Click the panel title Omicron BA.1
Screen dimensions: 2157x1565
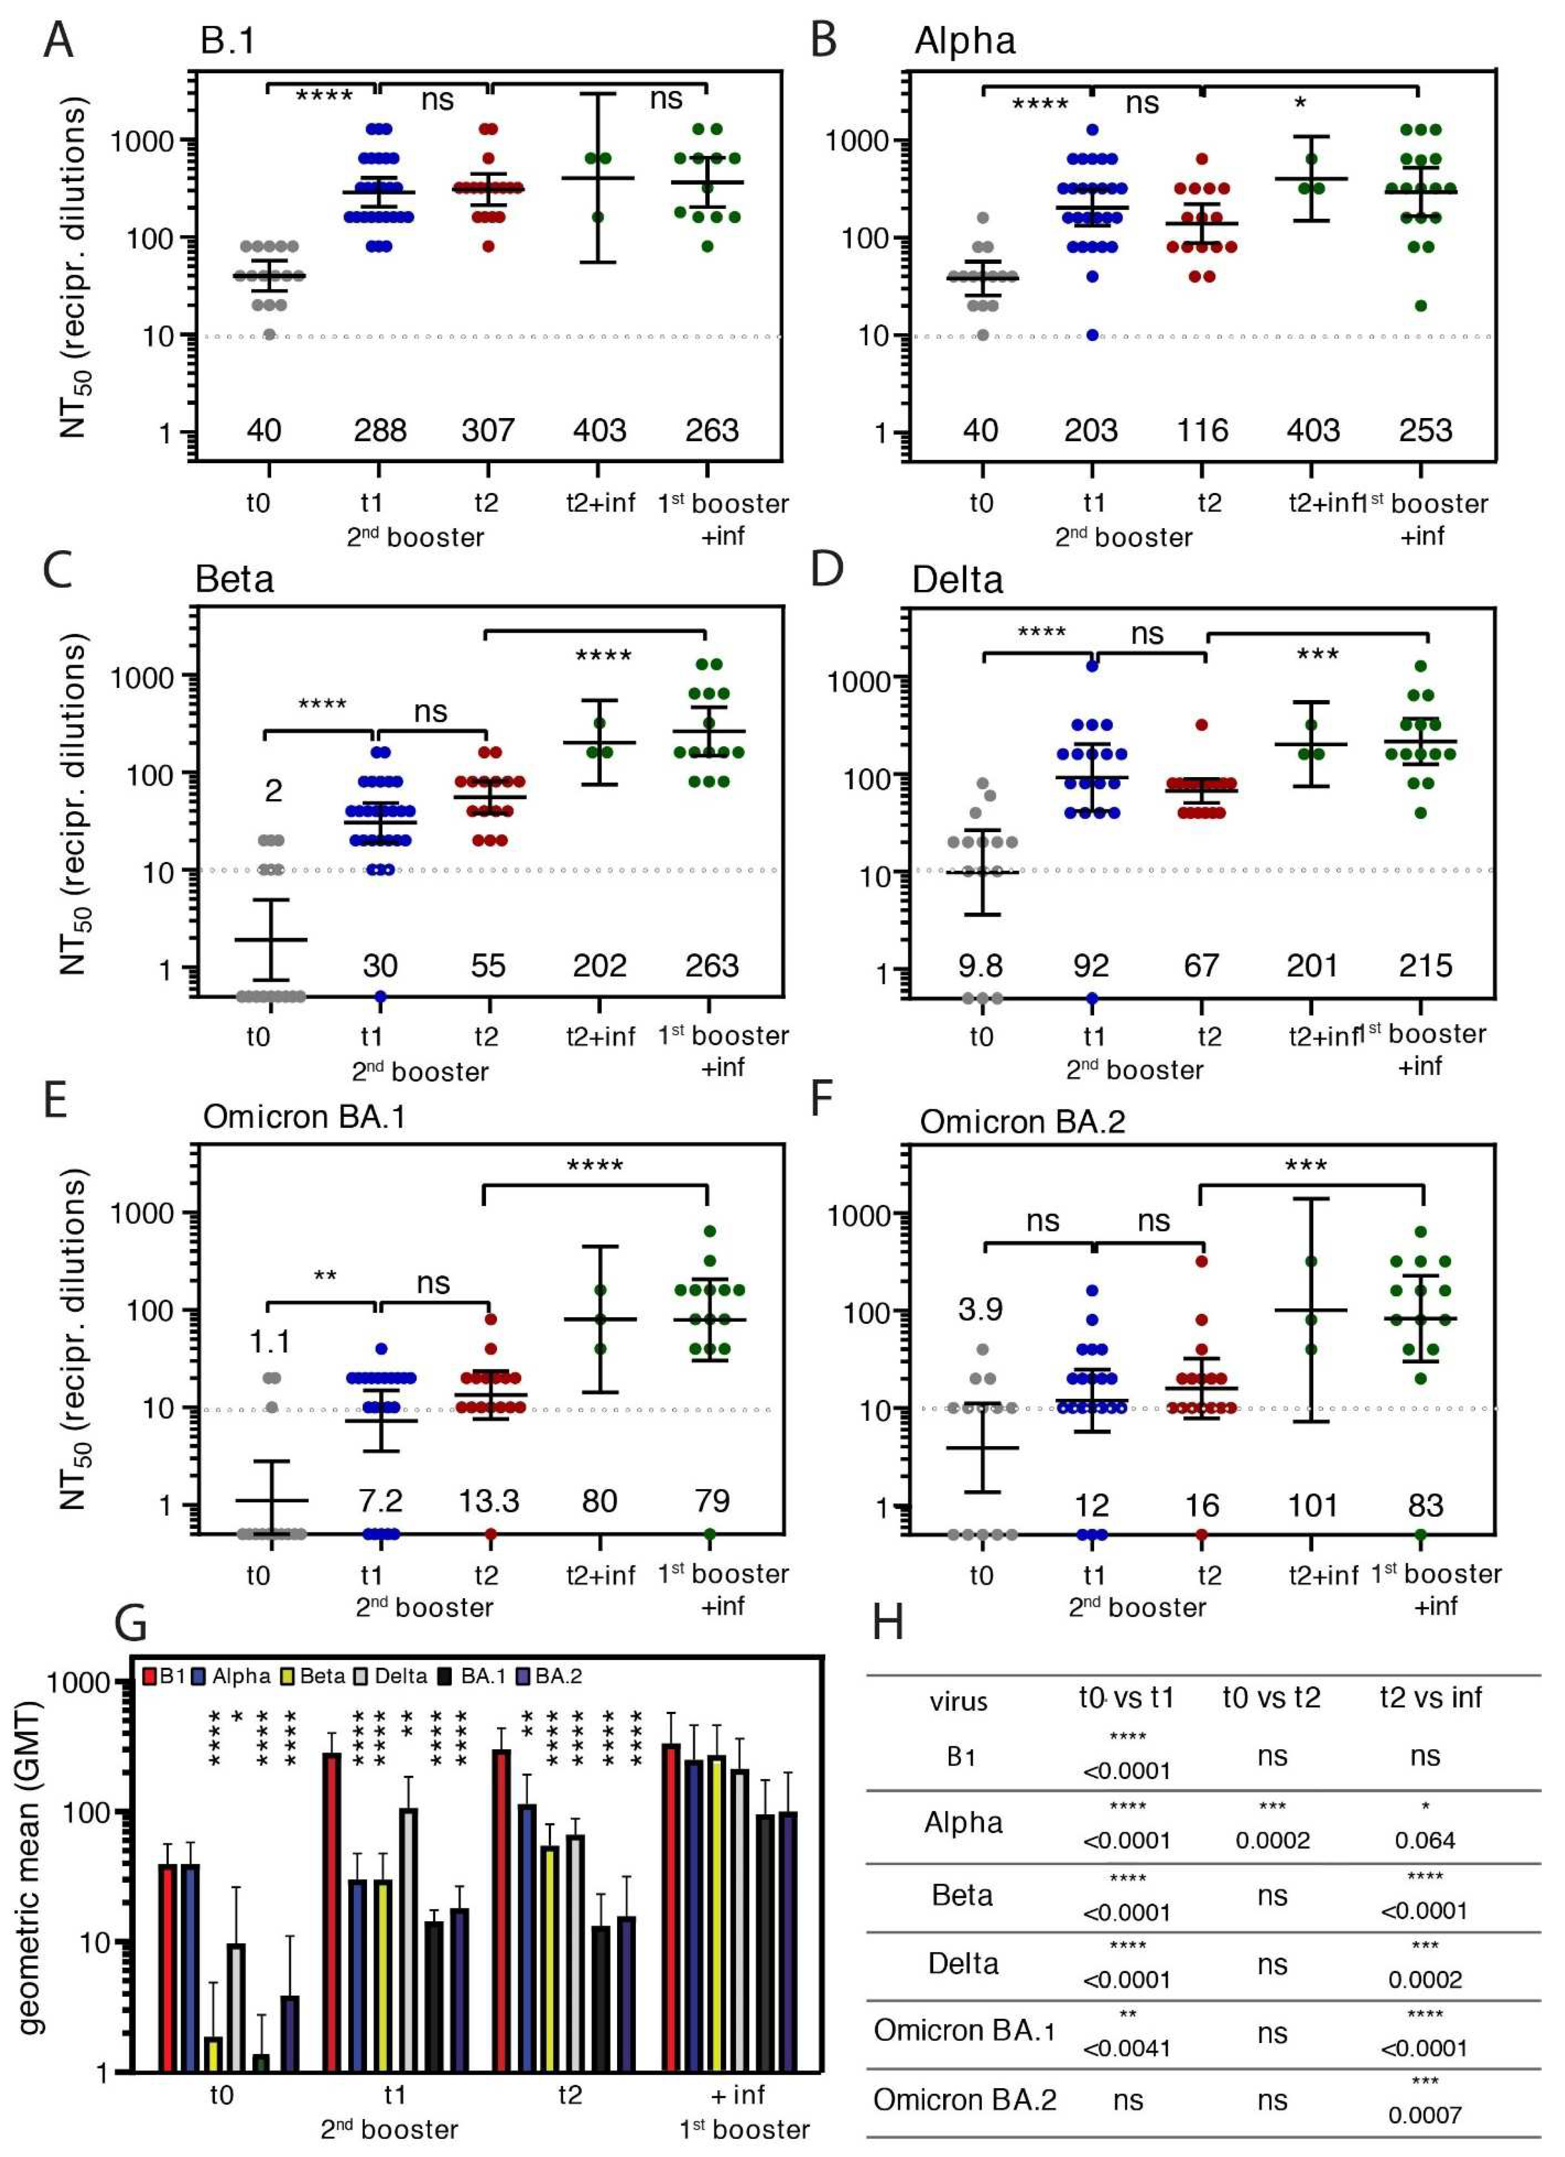[x=304, y=1116]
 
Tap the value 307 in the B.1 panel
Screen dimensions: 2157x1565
[x=488, y=431]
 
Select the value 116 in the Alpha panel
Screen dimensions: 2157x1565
[x=1203, y=431]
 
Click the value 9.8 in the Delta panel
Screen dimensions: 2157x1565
[x=980, y=966]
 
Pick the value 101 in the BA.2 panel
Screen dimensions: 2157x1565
[x=1312, y=1506]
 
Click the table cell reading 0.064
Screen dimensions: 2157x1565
[x=1424, y=1840]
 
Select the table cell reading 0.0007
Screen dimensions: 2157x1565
[x=1424, y=2115]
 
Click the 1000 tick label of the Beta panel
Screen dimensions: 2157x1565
[x=142, y=677]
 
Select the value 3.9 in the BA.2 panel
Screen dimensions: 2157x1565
[x=980, y=1310]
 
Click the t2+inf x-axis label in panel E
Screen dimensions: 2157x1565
[x=600, y=1576]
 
